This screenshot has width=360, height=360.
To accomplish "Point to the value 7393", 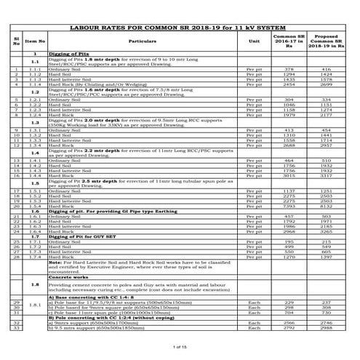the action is [x=288, y=206].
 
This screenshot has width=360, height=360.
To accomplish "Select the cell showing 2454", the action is [x=288, y=84].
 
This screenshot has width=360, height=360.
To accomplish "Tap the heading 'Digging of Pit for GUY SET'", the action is [x=81, y=237].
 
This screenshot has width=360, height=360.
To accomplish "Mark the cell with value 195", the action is [x=288, y=241].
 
